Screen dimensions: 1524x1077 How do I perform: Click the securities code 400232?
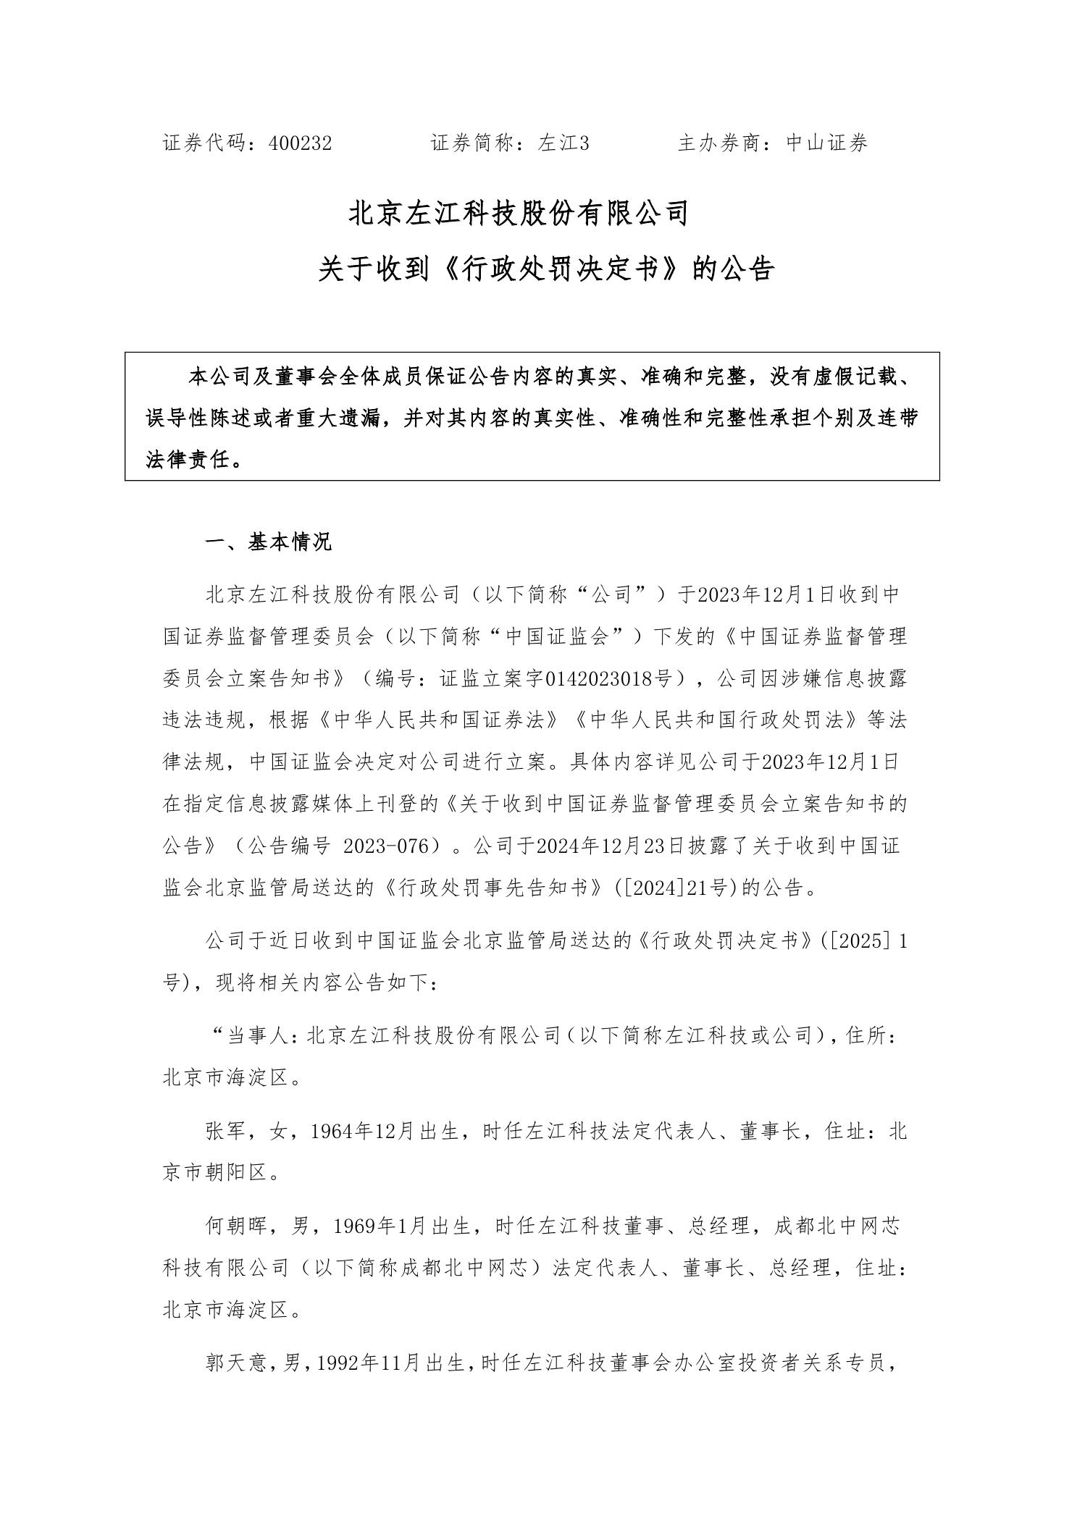point(300,143)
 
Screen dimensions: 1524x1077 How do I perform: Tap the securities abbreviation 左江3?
point(563,143)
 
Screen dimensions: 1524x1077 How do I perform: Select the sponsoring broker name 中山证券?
point(827,143)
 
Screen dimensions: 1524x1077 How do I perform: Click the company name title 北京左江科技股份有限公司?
point(519,214)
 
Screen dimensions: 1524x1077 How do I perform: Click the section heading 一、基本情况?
point(269,542)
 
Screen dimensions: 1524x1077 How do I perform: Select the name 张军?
point(227,1131)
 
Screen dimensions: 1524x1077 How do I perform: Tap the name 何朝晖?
point(238,1226)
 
